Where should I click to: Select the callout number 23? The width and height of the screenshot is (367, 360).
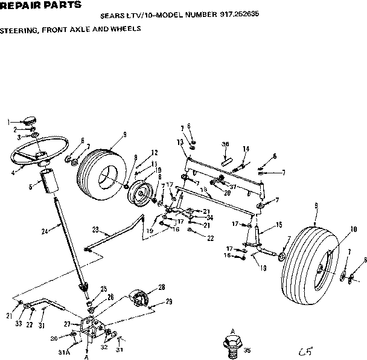tap(95, 229)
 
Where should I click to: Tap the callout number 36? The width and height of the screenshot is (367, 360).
tap(225, 144)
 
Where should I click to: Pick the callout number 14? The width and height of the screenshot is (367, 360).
tap(246, 149)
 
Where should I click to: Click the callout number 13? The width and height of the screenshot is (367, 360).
tap(180, 141)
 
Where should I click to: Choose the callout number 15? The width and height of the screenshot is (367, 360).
tap(279, 225)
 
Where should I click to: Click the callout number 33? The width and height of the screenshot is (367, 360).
tap(19, 324)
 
